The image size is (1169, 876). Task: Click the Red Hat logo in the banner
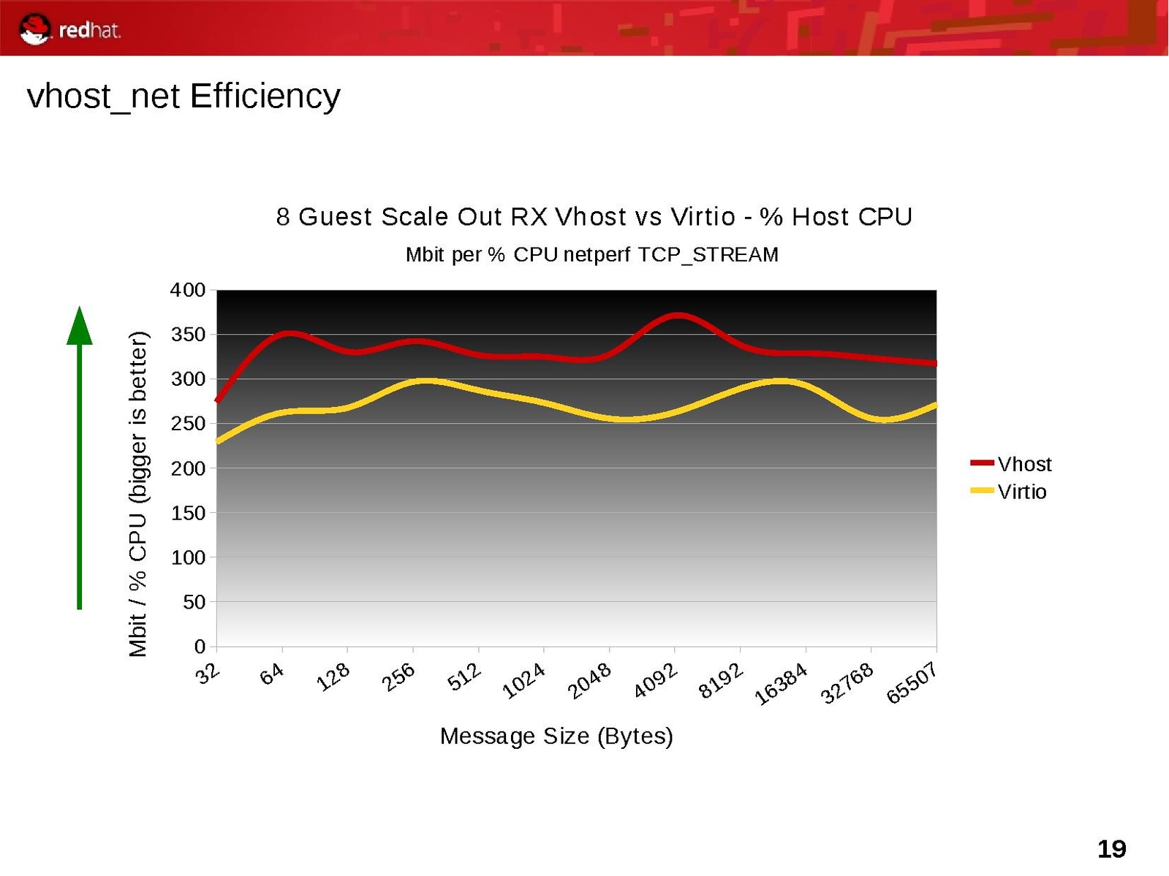[x=69, y=29]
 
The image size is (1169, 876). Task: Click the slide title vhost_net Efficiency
[x=184, y=96]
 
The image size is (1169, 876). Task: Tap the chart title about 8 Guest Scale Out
[x=594, y=217]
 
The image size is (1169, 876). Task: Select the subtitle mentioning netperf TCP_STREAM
[x=591, y=254]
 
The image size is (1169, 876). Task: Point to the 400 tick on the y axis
[x=188, y=290]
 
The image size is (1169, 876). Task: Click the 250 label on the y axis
[x=188, y=424]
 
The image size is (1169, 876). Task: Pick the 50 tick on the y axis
[x=194, y=602]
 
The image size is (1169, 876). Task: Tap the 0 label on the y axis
[x=200, y=647]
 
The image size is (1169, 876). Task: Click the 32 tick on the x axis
[x=208, y=673]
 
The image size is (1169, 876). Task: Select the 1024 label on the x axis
[x=523, y=680]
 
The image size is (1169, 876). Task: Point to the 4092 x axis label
[x=655, y=680]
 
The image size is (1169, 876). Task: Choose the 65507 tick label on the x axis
[x=912, y=683]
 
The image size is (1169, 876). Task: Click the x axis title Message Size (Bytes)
[x=556, y=736]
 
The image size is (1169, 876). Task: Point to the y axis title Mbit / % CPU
[x=137, y=494]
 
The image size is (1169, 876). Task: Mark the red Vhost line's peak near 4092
[x=678, y=315]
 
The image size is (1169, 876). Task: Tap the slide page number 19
[x=1111, y=849]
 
